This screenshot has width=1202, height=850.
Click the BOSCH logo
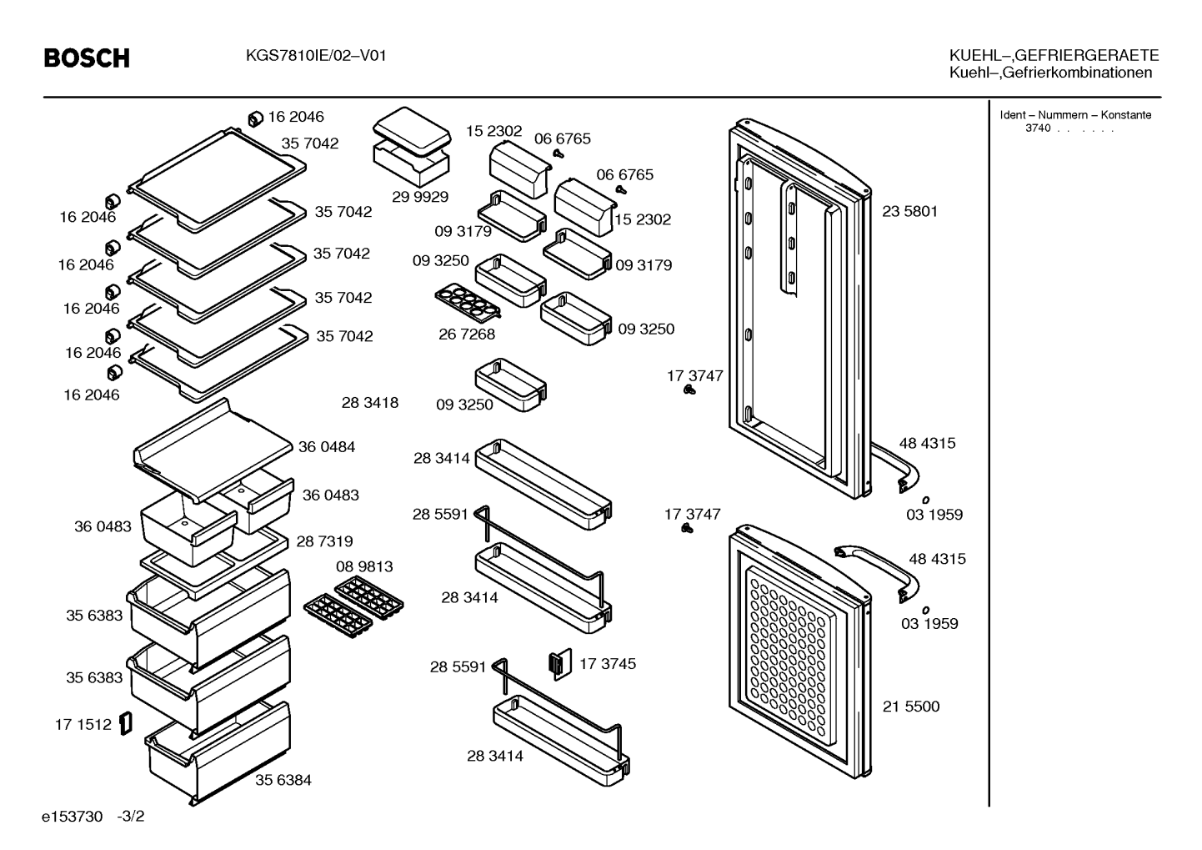pyautogui.click(x=87, y=58)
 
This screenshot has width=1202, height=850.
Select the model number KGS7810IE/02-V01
pyautogui.click(x=316, y=56)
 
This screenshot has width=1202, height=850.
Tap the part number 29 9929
pyautogui.click(x=419, y=197)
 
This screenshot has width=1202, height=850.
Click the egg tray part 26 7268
pyautogui.click(x=468, y=300)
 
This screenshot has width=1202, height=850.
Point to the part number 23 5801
pyautogui.click(x=910, y=212)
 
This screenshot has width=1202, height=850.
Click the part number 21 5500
pyautogui.click(x=911, y=706)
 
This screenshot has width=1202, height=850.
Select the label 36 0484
pyautogui.click(x=326, y=447)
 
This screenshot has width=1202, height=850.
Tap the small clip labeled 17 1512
pyautogui.click(x=126, y=724)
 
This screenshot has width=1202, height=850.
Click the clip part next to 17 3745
pyautogui.click(x=561, y=665)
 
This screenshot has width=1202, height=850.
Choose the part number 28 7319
pyautogui.click(x=324, y=541)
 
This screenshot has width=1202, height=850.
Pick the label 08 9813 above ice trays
pyautogui.click(x=364, y=566)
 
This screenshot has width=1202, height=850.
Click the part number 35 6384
pyautogui.click(x=283, y=780)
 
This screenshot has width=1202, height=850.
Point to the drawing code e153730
pyautogui.click(x=72, y=817)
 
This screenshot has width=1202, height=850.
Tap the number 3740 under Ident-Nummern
pyautogui.click(x=1038, y=128)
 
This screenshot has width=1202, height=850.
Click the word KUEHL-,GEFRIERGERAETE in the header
pyautogui.click(x=1054, y=55)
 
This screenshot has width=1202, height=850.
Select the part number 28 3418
pyautogui.click(x=370, y=403)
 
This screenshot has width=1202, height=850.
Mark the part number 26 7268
pyautogui.click(x=467, y=334)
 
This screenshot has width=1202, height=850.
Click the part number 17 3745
pyautogui.click(x=608, y=664)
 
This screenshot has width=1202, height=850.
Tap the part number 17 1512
pyautogui.click(x=83, y=725)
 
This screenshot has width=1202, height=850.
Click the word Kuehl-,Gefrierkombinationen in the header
pyautogui.click(x=1050, y=73)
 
